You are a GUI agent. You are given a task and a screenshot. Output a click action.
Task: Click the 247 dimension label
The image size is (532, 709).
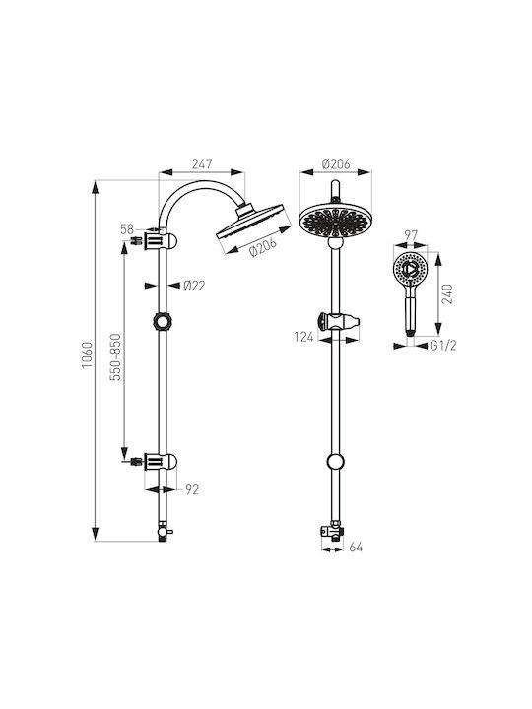tap(201, 163)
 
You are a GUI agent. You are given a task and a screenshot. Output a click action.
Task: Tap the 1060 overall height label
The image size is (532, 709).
tap(88, 354)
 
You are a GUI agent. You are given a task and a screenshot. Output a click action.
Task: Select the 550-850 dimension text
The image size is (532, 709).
tap(116, 356)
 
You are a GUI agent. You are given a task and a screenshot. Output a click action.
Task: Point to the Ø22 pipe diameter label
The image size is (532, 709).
tap(194, 286)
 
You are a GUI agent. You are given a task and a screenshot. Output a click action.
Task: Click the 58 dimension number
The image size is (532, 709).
tap(127, 229)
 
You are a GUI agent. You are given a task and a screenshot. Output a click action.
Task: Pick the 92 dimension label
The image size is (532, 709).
tap(192, 489)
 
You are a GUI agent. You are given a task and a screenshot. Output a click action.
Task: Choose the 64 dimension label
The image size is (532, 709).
tap(356, 548)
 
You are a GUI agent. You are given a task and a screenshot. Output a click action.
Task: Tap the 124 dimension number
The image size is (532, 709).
tap(303, 337)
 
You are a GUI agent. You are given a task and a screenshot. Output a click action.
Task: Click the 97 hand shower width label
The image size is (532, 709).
tap(411, 235)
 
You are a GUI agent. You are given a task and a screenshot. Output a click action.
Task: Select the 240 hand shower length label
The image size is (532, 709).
tap(447, 293)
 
